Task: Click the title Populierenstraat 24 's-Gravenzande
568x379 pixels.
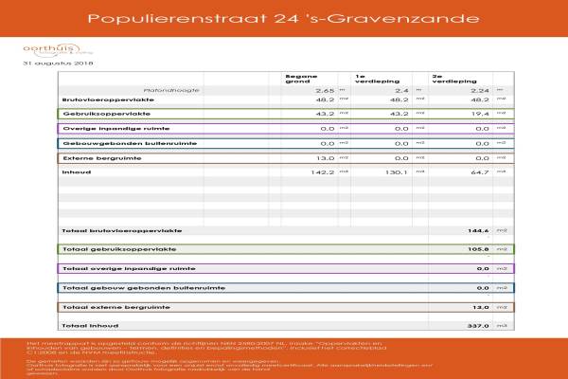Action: coord(283,18)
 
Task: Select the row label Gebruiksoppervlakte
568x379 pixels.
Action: coord(97,113)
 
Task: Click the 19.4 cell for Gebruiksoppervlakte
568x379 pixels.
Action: coord(479,113)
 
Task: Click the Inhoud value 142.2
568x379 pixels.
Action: coord(323,171)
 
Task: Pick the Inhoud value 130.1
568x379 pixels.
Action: coord(399,171)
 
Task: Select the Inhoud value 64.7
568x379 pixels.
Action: coord(479,171)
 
